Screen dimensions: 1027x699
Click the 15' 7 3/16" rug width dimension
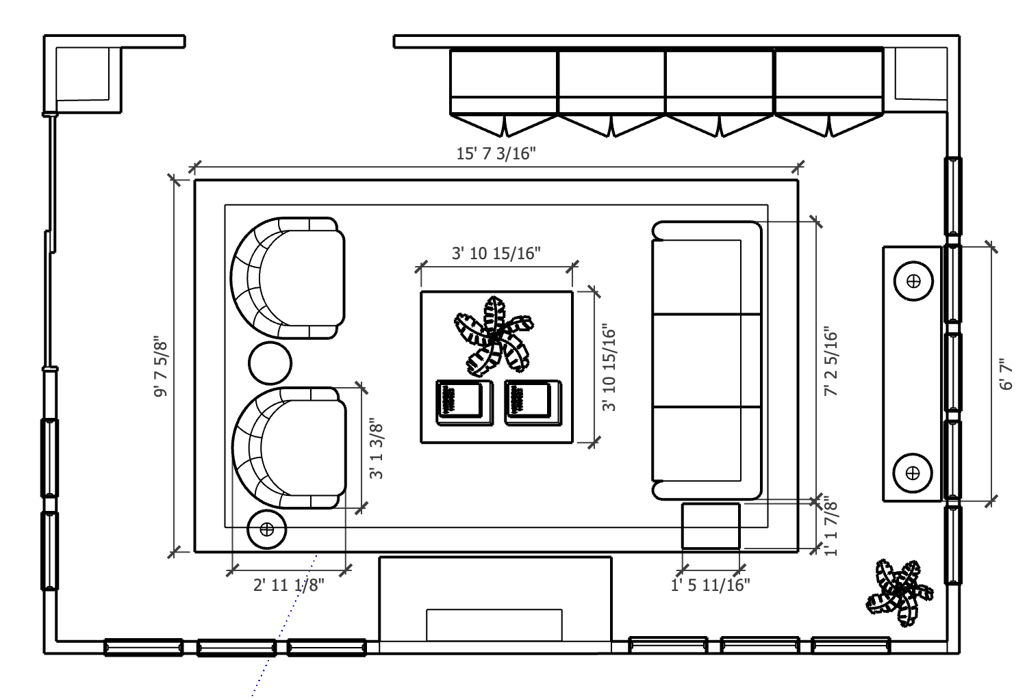(496, 153)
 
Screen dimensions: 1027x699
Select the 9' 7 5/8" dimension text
(161, 369)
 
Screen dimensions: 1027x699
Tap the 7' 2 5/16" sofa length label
(831, 361)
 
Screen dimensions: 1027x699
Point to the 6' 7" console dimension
(1006, 374)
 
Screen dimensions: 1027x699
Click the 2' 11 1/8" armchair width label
(289, 585)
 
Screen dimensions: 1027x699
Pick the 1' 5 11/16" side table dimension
(710, 585)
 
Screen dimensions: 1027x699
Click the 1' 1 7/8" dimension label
(831, 526)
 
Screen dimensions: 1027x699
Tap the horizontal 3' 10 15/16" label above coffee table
(496, 253)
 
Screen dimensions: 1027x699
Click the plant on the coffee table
(494, 337)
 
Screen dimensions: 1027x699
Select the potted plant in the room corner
(899, 592)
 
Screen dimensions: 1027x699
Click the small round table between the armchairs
(270, 363)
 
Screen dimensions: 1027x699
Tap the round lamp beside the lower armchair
(267, 529)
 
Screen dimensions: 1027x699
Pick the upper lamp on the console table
(914, 281)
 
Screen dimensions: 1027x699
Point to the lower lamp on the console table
(913, 473)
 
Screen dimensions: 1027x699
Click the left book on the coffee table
(464, 403)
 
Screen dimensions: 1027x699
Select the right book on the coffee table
(533, 403)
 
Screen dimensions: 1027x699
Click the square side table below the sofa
(711, 525)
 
